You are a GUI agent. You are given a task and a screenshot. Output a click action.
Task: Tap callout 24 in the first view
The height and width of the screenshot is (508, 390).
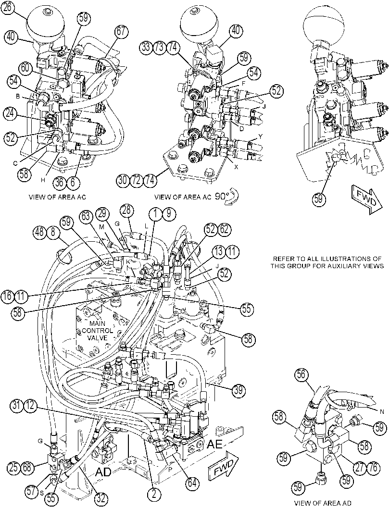pos(11,114)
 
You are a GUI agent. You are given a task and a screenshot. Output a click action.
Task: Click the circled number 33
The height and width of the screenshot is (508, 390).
pos(147,47)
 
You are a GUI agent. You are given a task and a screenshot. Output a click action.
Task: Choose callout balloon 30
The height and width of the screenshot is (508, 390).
pos(123,180)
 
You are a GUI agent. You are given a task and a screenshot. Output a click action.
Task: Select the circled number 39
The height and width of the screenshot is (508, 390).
pos(238,390)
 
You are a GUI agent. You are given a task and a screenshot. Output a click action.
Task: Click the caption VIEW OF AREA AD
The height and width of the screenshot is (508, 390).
pos(322,503)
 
